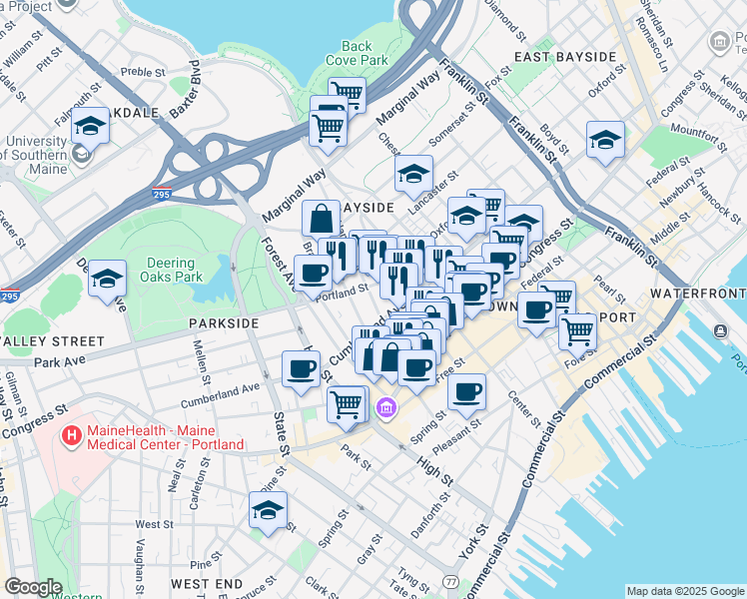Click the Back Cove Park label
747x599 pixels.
357,53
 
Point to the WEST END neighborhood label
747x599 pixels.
207,582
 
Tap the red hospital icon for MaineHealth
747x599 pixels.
72,436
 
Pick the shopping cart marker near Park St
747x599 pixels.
346,404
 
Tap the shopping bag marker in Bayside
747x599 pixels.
322,219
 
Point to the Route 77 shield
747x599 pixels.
451,581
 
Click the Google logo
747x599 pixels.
33,587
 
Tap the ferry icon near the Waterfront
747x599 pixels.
720,330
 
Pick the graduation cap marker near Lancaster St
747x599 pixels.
413,175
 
